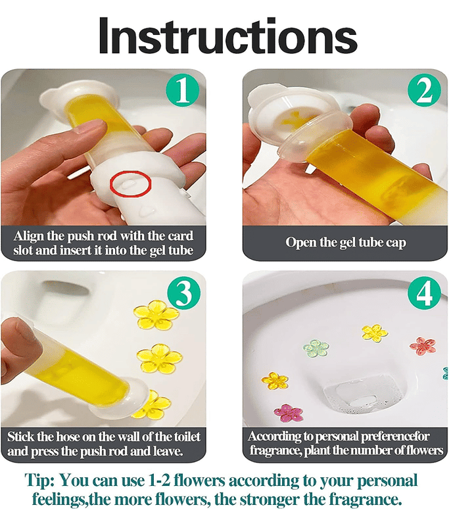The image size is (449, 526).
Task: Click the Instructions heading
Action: point(228,36)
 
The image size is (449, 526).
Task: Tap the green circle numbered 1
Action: point(183,90)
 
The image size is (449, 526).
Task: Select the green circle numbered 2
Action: point(424,91)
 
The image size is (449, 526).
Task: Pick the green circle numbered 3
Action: point(184,293)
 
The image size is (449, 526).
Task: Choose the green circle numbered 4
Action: point(425,293)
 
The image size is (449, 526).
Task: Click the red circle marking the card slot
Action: point(131,183)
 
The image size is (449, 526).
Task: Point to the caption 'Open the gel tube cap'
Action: point(346,242)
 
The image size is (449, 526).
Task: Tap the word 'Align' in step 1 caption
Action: point(29,236)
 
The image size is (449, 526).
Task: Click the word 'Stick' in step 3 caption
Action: point(21,437)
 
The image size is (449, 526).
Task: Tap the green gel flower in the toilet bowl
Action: point(316,348)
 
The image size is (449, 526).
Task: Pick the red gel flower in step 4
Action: point(423,347)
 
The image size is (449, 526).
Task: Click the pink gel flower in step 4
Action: point(288,414)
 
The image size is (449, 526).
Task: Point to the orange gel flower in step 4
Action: point(275,381)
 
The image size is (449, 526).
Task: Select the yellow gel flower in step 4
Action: point(375,333)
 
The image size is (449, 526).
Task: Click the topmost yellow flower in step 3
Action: point(156,315)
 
